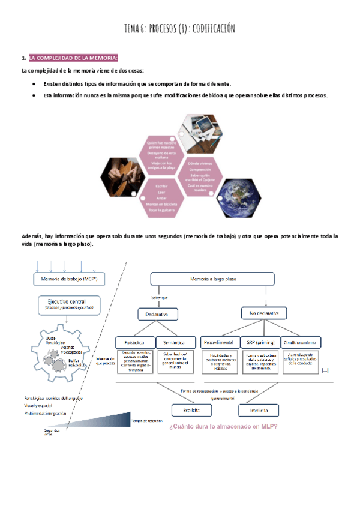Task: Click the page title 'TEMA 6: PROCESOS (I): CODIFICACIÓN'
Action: [179, 28]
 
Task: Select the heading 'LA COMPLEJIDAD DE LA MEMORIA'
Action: [73, 58]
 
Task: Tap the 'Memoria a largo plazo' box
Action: [212, 279]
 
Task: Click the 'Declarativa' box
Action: [157, 314]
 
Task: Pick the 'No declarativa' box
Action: [264, 313]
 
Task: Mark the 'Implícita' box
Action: [258, 411]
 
